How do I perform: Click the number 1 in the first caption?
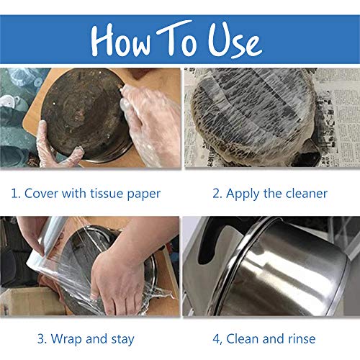15,193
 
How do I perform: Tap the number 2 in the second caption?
216,193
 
